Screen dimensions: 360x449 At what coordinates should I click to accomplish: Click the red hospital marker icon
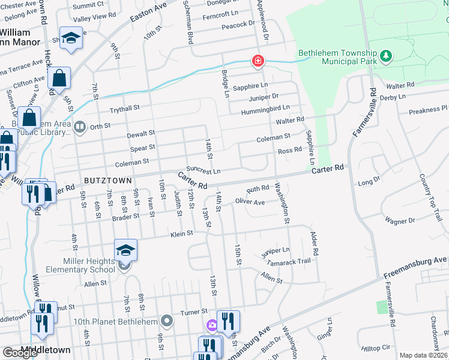[x=258, y=61]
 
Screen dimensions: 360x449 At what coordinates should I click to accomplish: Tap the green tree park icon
[x=387, y=57]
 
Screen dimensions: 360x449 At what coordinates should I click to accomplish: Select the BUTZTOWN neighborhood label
[x=106, y=180]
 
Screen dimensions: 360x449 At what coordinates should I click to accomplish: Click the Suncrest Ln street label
[x=203, y=170]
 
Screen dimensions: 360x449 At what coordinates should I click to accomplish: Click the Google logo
[x=20, y=353]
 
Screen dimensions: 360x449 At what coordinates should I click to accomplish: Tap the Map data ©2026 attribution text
[x=423, y=355]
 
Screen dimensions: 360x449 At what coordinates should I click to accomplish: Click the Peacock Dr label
[x=238, y=25]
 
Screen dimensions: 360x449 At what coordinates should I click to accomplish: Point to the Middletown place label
[x=46, y=350]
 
